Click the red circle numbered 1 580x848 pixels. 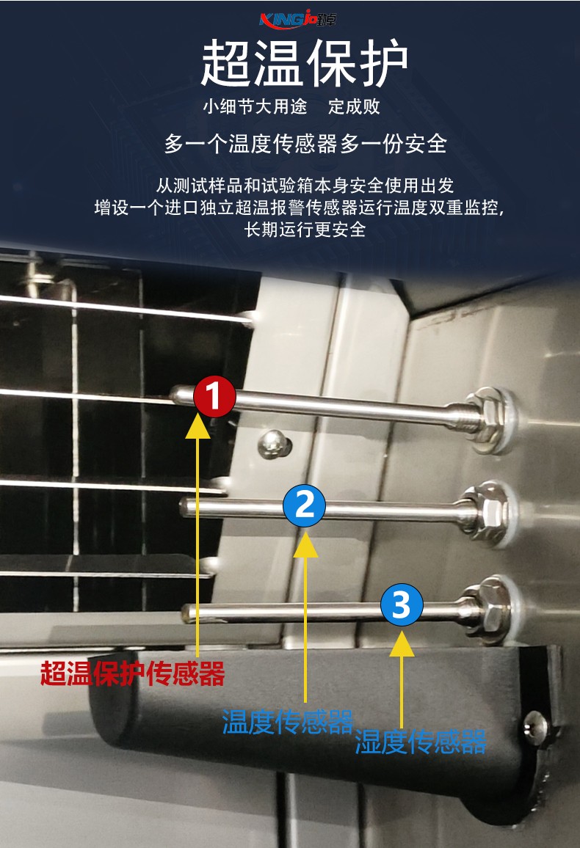pos(215,396)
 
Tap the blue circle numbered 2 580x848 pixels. pos(304,505)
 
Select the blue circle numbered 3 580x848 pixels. pos(402,604)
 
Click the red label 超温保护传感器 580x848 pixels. pos(133,674)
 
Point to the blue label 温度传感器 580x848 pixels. pos(287,721)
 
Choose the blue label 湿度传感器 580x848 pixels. pos(421,742)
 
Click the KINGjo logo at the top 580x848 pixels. pos(298,20)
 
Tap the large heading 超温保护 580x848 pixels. pos(305,63)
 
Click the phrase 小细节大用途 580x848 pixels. pos(255,106)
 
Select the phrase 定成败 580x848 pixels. pos(355,106)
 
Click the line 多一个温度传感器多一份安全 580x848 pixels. pos(305,144)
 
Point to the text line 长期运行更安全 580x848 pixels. pos(305,230)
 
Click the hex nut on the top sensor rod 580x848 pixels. pos(483,420)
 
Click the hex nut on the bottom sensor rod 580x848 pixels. pos(488,608)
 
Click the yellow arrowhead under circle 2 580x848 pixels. pos(305,544)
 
